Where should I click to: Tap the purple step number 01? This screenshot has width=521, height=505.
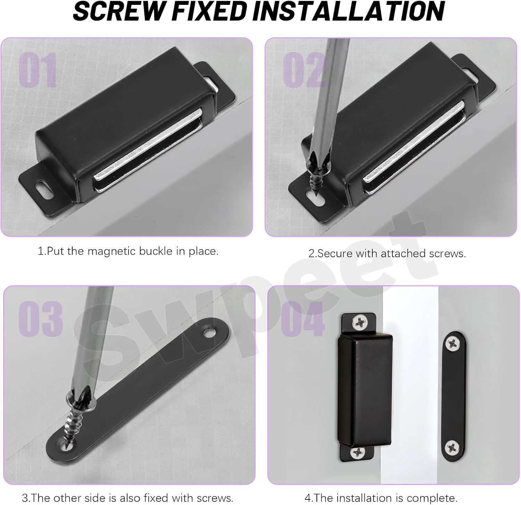(38, 71)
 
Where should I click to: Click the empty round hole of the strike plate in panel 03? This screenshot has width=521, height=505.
(209, 333)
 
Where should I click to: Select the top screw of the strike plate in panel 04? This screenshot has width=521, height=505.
(453, 344)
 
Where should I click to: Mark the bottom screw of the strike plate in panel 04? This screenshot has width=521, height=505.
(453, 447)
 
